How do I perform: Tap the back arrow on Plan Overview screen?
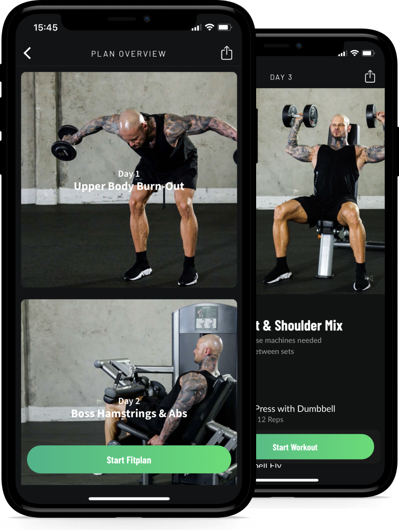[28, 53]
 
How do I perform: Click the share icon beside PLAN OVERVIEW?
[227, 53]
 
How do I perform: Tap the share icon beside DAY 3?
[370, 76]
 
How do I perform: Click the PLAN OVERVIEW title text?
[129, 54]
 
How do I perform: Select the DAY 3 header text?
[281, 77]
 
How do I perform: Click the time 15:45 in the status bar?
[45, 28]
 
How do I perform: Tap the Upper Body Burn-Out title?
[129, 186]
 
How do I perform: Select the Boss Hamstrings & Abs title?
[129, 413]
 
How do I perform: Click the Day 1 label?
[129, 174]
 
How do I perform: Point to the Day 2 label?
[129, 401]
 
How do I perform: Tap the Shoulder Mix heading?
[298, 325]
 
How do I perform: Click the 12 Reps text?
[270, 419]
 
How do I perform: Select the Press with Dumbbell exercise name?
[295, 408]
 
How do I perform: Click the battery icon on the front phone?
[225, 28]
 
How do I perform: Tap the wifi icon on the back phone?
[355, 54]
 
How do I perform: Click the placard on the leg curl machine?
[207, 319]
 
